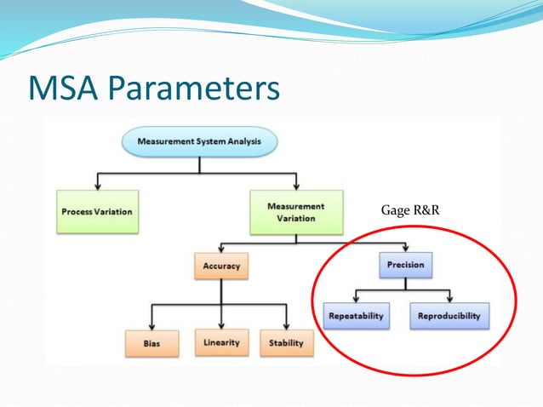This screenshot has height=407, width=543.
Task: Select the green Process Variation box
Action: tap(96, 210)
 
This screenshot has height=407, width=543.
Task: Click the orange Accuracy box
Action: tap(221, 266)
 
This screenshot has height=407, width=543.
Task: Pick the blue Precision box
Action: tap(405, 265)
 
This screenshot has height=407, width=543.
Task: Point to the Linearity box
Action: tap(221, 342)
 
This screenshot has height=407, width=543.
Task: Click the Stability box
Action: tap(287, 343)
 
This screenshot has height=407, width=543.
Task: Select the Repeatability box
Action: tap(356, 316)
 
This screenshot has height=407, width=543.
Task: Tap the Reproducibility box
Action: tap(449, 316)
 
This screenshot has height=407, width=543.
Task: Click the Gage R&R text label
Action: tap(409, 209)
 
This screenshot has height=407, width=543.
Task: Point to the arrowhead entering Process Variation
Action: tap(98, 186)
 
